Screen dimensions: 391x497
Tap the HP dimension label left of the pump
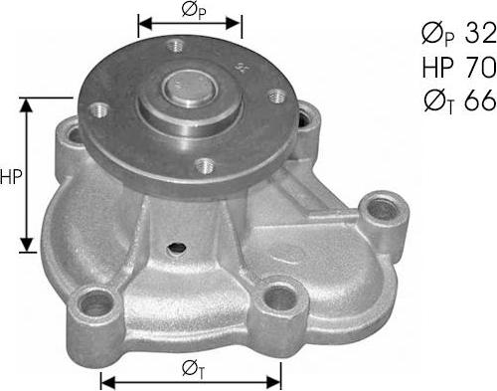[x=12, y=178]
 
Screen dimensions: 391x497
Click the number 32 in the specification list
[x=480, y=35]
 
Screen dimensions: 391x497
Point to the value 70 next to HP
[x=480, y=67]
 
